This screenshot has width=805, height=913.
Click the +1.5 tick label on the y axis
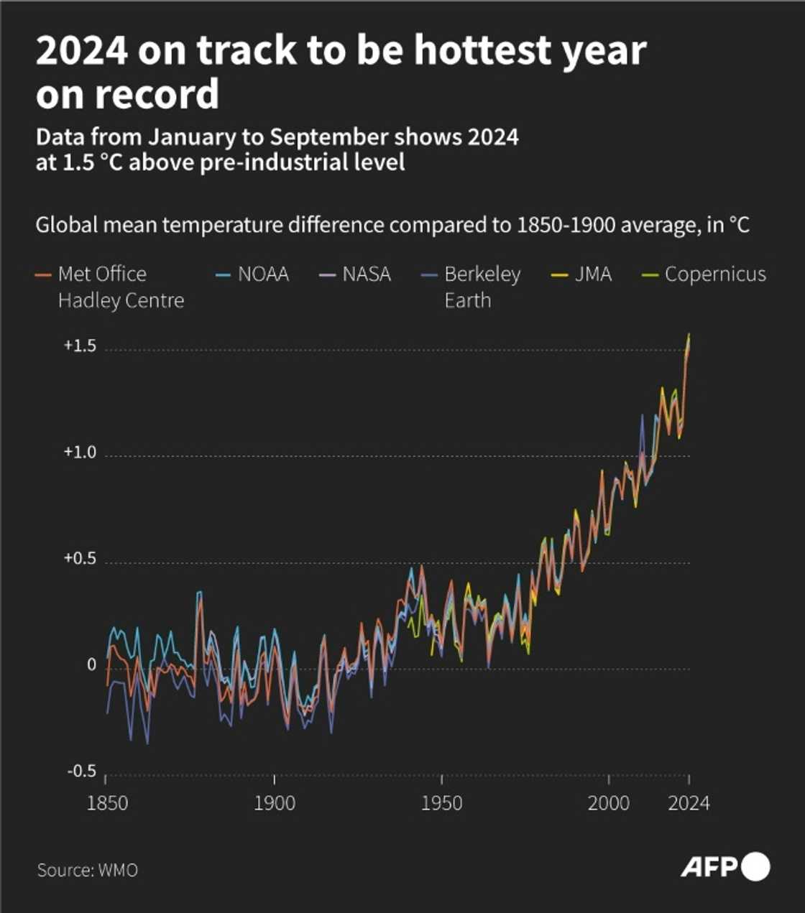[x=80, y=346]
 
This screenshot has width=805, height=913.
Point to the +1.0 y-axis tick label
[x=80, y=452]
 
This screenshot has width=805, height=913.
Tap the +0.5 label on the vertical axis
[x=80, y=558]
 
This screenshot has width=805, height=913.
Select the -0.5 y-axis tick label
[x=81, y=771]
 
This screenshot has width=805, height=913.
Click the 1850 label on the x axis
[x=107, y=802]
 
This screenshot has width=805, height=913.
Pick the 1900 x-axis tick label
[x=275, y=802]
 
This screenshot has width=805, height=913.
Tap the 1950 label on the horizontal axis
[x=441, y=802]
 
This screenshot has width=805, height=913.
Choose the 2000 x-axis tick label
[x=609, y=802]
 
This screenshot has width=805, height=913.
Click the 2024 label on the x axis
[x=689, y=802]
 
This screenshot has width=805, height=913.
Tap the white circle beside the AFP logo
[x=755, y=867]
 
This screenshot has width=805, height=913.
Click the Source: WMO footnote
[x=87, y=870]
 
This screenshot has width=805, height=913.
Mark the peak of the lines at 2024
[x=689, y=335]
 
